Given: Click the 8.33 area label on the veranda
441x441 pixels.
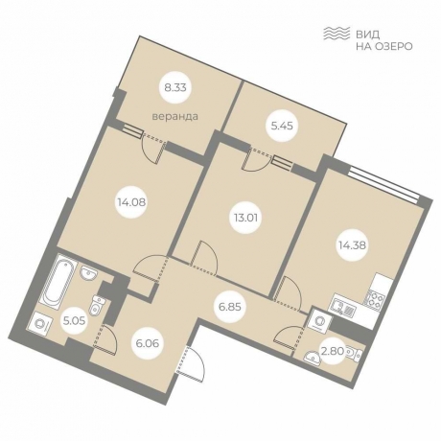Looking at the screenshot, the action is (x=175, y=87).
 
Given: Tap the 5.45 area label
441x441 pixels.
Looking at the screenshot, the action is (x=282, y=126).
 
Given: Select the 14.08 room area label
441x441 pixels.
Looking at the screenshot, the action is (x=131, y=202).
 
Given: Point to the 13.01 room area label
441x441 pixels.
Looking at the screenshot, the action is (x=245, y=218).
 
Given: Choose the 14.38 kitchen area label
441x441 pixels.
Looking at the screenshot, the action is (x=353, y=245).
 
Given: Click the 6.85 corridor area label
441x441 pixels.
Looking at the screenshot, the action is (x=230, y=307).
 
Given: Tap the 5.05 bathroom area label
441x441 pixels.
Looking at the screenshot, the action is (x=75, y=320).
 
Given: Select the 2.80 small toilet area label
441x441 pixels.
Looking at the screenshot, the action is (x=333, y=351).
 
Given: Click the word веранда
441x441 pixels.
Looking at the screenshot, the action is (x=175, y=116).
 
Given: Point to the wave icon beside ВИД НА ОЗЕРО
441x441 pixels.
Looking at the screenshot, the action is (x=337, y=34).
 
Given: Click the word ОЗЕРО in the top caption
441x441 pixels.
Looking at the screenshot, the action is (x=393, y=47).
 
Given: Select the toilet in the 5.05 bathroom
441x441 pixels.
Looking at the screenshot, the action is (x=96, y=305).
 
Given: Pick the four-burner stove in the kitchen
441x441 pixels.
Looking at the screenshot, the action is (x=376, y=298).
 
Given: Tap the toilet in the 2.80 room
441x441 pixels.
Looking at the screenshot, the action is (x=353, y=353).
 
